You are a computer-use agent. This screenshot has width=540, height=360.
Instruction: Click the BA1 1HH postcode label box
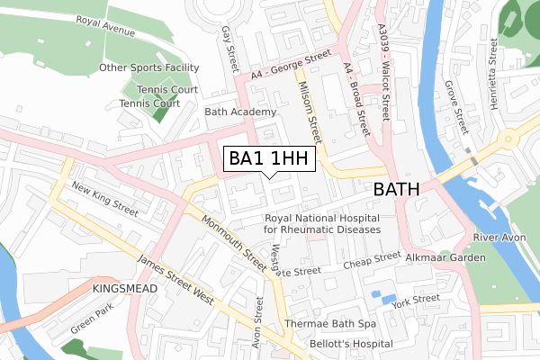point(269,159)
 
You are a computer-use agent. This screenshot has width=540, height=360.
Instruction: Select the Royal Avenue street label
point(105,26)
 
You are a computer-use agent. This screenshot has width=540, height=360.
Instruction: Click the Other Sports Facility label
point(148,67)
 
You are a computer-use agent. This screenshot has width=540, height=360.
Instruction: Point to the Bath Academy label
point(239,112)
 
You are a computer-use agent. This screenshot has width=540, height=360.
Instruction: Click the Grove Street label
point(456,103)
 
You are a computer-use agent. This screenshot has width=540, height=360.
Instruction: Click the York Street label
point(417,299)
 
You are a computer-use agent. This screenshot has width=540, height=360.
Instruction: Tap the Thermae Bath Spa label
point(328,323)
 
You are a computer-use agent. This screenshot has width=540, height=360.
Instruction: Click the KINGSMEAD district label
point(125,289)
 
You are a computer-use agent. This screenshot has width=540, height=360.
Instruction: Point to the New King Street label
point(104,200)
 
